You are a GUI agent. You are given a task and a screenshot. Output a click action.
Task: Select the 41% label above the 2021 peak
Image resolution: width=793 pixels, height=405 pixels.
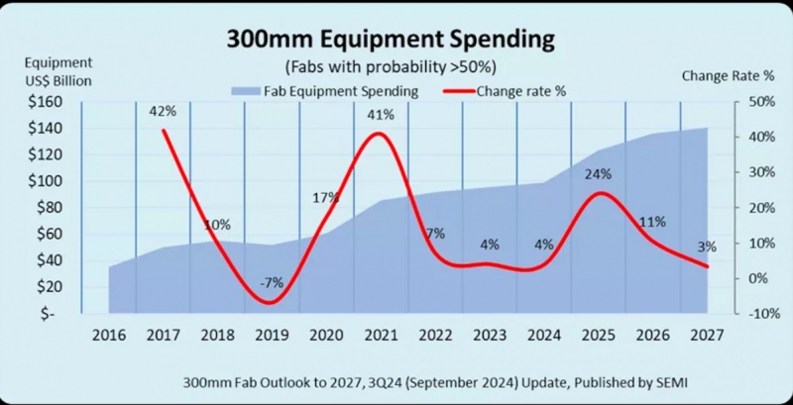(x=382, y=115)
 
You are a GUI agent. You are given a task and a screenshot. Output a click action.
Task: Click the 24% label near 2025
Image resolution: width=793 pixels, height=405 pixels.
(x=598, y=174)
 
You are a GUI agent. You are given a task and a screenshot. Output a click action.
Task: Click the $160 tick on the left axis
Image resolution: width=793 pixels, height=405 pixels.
(x=46, y=102)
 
